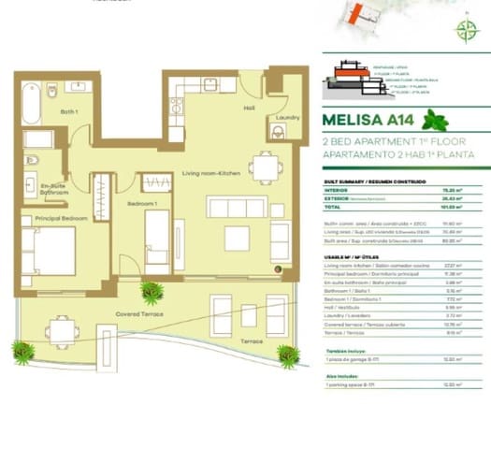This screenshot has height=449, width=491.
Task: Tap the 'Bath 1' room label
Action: tap(69, 111)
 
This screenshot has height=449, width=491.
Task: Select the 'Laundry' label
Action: tap(277, 118)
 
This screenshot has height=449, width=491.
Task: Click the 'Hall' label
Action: tap(250, 108)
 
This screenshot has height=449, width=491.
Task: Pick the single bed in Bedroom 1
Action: tap(157, 239)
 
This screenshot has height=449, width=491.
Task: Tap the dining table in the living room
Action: tap(267, 167)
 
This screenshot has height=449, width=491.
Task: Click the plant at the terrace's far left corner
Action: tap(22, 353)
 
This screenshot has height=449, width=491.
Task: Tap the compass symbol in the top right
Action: tap(466, 29)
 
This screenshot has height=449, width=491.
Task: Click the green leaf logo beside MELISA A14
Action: tap(435, 120)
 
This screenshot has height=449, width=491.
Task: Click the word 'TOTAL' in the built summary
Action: tap(332, 208)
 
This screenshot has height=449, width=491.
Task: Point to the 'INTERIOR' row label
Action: tap(336, 189)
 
